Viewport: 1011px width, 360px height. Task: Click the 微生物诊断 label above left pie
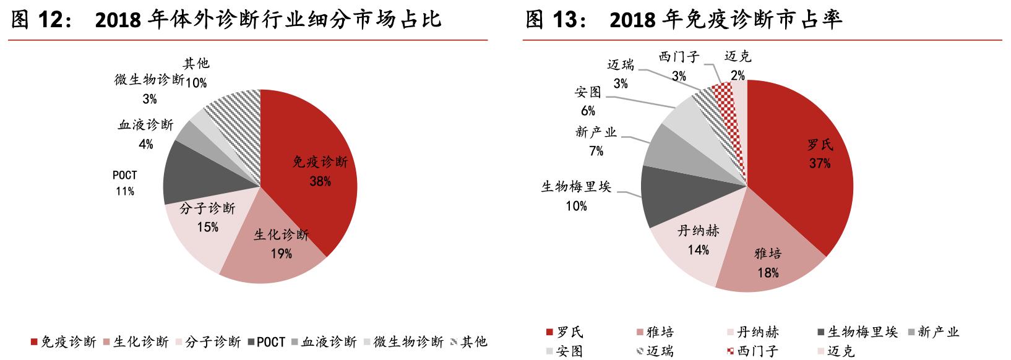click(x=149, y=80)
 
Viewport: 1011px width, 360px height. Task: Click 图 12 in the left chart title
click(x=40, y=20)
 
